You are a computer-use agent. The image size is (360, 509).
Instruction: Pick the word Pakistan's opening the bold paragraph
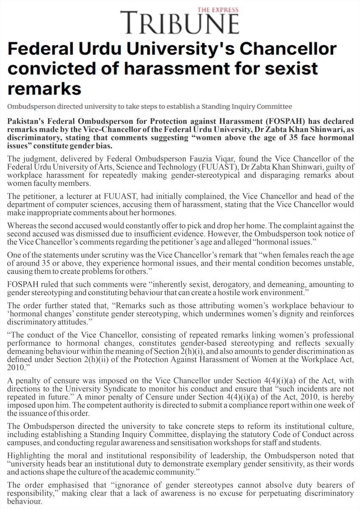(x=27, y=121)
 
